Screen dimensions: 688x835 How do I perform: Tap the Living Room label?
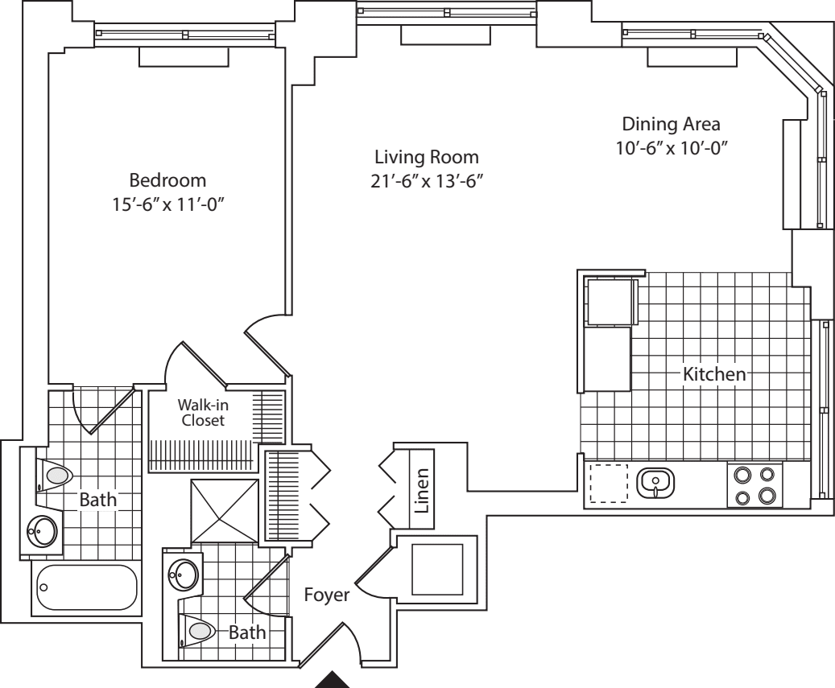415,156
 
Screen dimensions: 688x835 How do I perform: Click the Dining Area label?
671,125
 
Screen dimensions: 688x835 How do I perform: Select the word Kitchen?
714,374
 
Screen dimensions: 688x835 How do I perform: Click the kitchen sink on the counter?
655,483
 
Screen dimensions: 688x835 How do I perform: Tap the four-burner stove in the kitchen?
754,484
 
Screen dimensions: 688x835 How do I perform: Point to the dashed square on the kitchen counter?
609,484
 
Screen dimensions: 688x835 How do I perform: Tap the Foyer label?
326,596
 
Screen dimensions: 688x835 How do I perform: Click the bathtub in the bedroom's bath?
86,588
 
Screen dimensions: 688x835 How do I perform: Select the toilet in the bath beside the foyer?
199,631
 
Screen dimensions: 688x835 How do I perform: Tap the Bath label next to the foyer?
247,633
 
